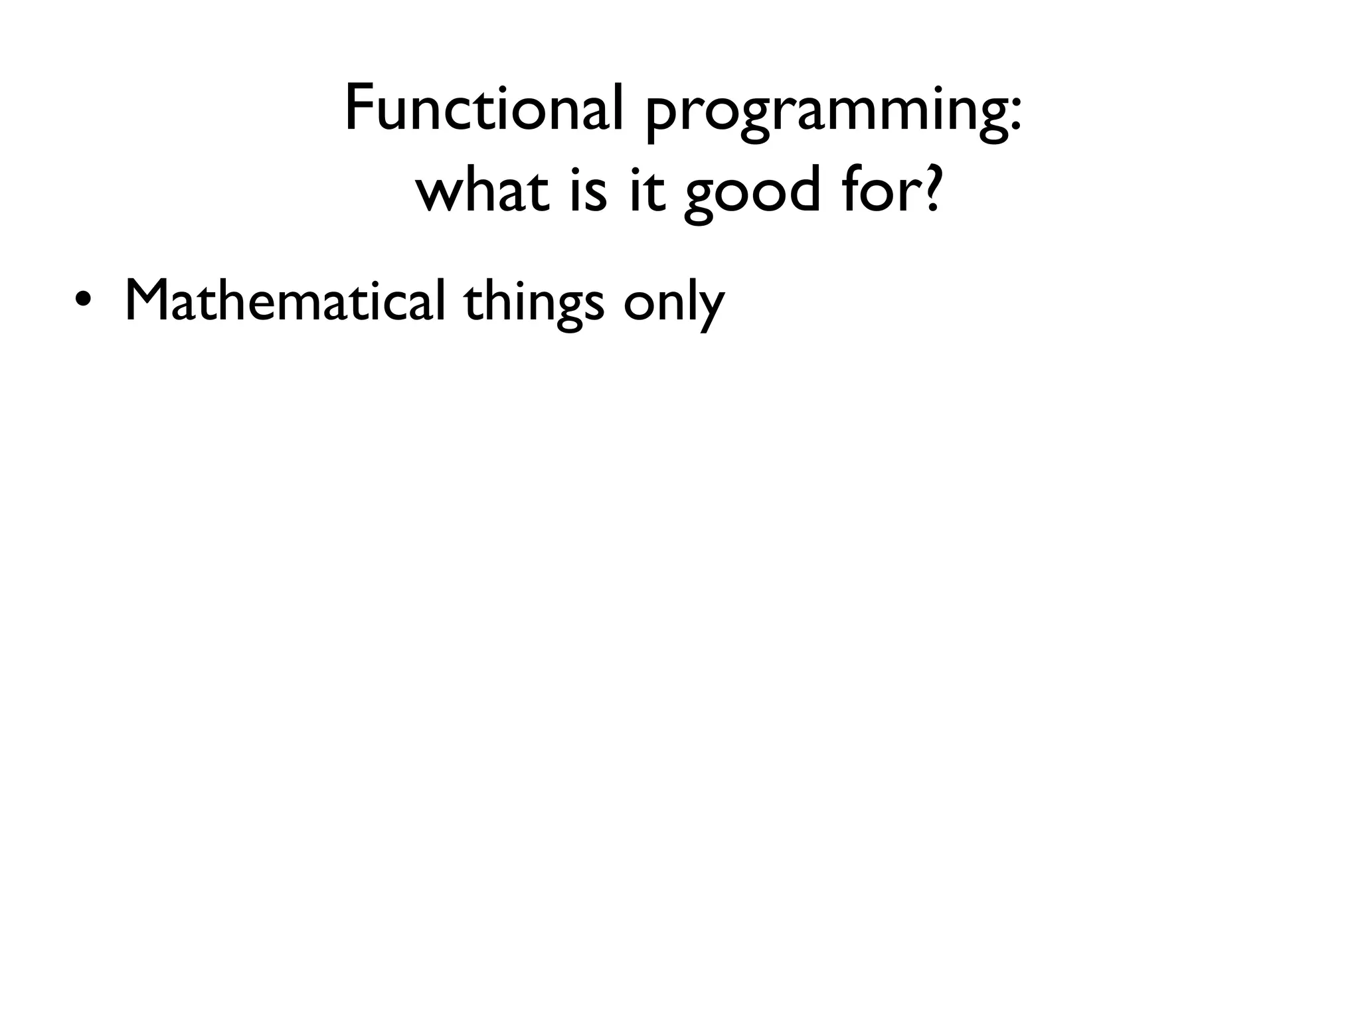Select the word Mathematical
284,300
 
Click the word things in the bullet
534,303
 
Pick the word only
673,303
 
